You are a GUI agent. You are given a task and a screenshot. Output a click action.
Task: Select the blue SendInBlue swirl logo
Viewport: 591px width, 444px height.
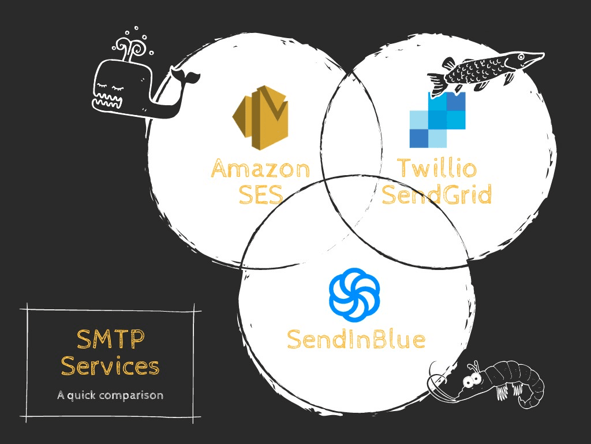(354, 294)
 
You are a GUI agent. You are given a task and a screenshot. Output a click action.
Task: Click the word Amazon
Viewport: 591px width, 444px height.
(260, 169)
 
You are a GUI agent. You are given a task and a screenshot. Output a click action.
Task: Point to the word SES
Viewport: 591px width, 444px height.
(260, 195)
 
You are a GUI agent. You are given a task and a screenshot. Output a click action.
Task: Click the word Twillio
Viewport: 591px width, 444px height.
(437, 169)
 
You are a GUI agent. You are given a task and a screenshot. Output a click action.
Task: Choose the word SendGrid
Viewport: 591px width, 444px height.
(437, 195)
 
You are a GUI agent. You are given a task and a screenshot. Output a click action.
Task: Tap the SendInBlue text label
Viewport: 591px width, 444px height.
(356, 339)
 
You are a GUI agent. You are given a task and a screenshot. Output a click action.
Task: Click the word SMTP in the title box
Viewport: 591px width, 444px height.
(110, 339)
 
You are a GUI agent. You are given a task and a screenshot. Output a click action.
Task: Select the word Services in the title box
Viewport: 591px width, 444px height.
(110, 366)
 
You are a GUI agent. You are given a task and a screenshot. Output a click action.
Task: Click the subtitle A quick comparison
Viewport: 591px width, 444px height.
(110, 396)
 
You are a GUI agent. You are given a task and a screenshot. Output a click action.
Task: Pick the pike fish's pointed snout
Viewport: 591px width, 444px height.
(534, 57)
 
